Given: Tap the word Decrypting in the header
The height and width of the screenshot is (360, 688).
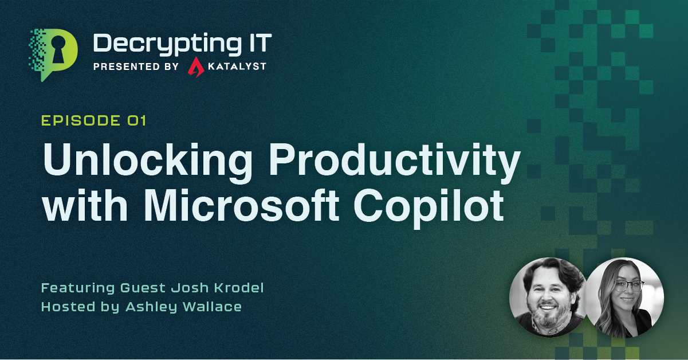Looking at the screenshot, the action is tap(167, 44).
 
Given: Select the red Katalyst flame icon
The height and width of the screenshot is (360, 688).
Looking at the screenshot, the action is tap(196, 66).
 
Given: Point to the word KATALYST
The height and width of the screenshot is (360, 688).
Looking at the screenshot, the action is tap(237, 66).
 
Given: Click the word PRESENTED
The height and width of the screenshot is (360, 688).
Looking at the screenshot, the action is tap(127, 66).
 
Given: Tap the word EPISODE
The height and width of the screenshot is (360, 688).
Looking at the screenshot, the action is tap(81, 120).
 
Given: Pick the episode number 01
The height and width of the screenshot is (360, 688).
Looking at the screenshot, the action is tap(137, 120).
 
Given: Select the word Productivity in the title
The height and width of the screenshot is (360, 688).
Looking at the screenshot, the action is tap(395, 162).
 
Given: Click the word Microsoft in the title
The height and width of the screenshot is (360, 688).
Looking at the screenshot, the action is tap(242, 205).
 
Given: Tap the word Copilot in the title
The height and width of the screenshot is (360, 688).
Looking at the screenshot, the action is tap(428, 208).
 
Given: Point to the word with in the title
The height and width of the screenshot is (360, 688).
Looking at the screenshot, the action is tap(85, 205).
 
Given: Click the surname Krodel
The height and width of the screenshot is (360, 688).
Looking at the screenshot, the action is tap(239, 288).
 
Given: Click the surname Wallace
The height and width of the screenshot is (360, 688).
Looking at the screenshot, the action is tap(212, 307).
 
